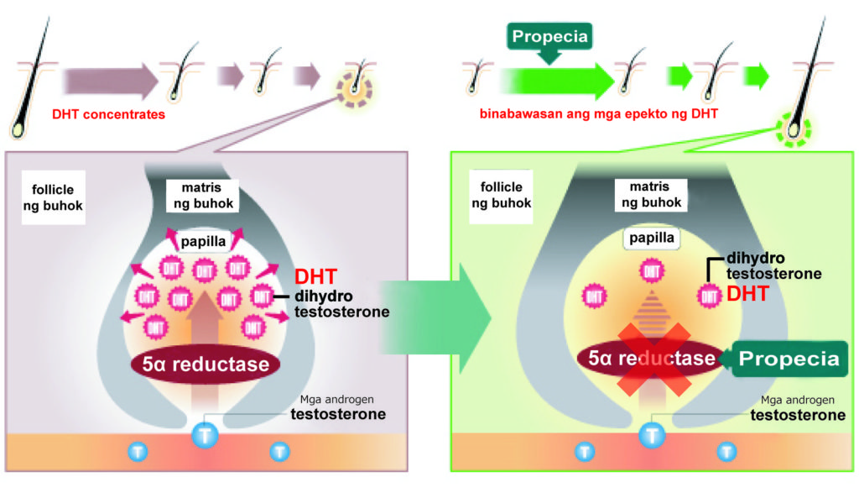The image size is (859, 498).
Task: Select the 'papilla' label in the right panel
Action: click(x=650, y=238)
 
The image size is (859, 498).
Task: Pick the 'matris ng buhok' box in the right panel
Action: click(x=649, y=194)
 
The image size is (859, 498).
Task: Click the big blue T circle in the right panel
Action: click(x=651, y=435)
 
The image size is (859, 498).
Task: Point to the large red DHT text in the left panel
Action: click(x=315, y=277)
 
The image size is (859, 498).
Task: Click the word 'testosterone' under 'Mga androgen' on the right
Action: click(x=797, y=415)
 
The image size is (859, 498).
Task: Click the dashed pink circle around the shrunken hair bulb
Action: click(x=354, y=88)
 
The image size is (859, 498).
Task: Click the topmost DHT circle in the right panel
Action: click(x=651, y=270)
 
